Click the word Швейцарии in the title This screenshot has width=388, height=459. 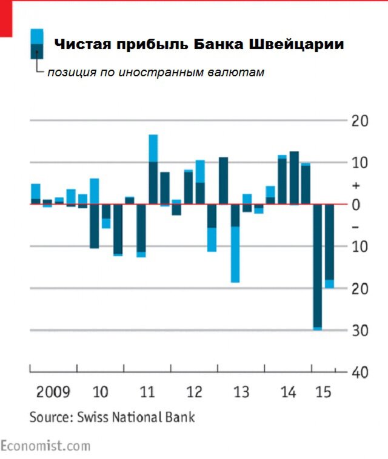(x=296, y=45)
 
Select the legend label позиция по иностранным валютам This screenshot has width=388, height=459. (x=156, y=73)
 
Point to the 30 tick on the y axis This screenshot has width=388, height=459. (x=360, y=331)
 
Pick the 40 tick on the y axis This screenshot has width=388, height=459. (x=360, y=372)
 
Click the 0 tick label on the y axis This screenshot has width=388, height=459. (x=356, y=205)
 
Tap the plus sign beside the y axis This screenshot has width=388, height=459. (x=356, y=185)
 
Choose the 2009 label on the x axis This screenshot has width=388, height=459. (x=53, y=392)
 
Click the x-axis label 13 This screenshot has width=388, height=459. (x=241, y=392)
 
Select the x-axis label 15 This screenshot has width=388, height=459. (x=324, y=392)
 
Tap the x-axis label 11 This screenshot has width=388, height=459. (x=147, y=392)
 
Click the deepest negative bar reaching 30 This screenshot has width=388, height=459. (x=317, y=266)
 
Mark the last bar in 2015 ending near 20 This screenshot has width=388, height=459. (x=329, y=245)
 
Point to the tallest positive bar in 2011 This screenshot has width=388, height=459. (x=153, y=170)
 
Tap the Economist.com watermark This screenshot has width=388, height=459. (x=45, y=446)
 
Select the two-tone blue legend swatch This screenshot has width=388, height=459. (x=36, y=44)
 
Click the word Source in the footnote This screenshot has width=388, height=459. (x=50, y=417)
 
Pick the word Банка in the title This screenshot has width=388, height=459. (x=211, y=45)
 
